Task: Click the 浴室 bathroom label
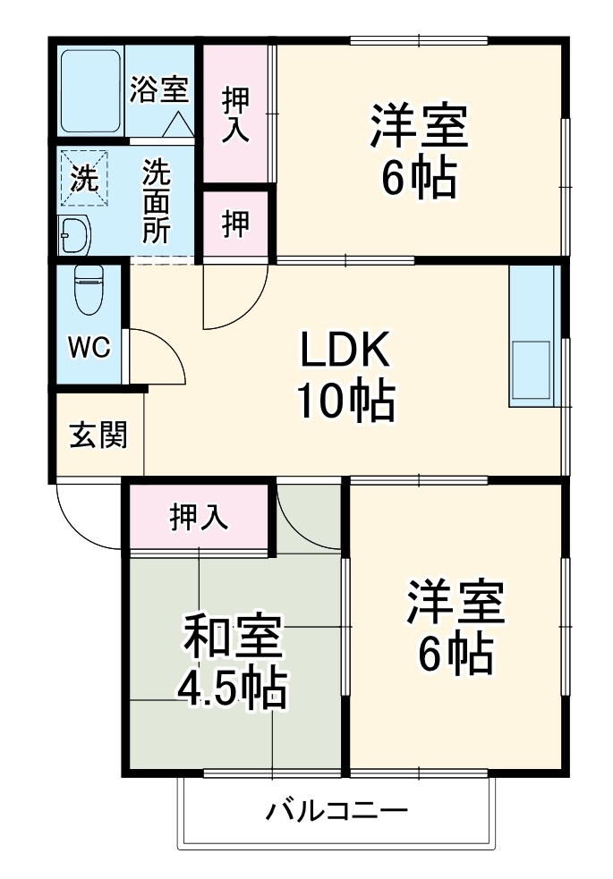[159, 89]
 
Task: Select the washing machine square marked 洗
[83, 178]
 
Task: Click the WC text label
[89, 348]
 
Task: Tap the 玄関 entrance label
[98, 435]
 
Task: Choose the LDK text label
[345, 352]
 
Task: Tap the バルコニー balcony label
[336, 812]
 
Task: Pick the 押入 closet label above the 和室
[199, 516]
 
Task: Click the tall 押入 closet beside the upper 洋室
[235, 112]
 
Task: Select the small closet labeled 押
[235, 224]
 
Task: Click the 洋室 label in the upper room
[420, 128]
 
